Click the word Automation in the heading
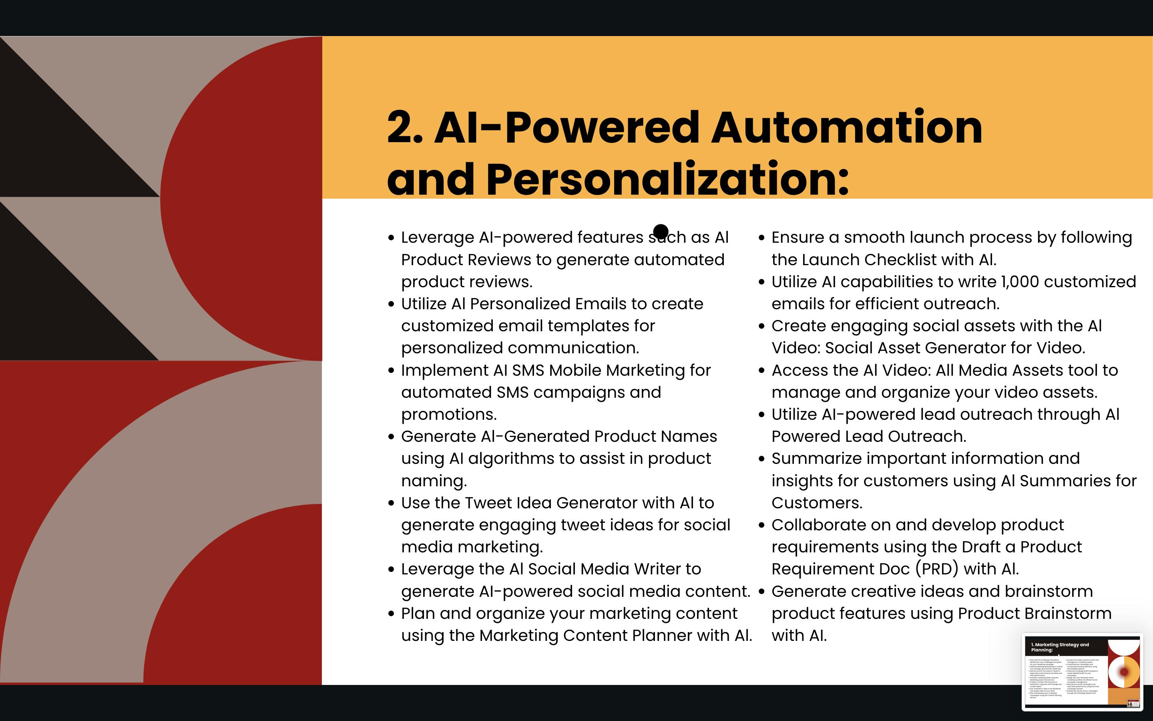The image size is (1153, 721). pos(846,128)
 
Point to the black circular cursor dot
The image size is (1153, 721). pos(660,232)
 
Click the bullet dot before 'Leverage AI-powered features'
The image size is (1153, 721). pos(392,238)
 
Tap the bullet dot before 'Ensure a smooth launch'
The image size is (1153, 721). pos(761,238)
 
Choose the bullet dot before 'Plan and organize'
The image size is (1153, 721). pos(392,614)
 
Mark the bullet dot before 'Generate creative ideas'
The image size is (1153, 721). pos(761,592)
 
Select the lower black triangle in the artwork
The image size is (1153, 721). pos(52,305)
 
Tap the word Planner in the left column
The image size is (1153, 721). pos(662,636)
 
